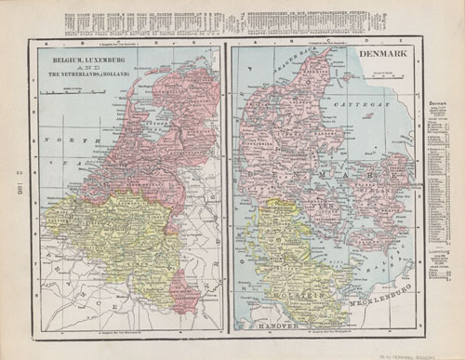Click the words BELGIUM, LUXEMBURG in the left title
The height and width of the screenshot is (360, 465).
[x=74, y=59]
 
